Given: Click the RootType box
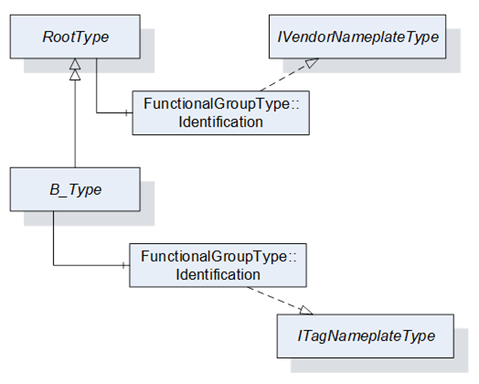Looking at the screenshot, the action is pyautogui.click(x=75, y=37).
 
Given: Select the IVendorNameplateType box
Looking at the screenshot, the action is pyautogui.click(x=357, y=37).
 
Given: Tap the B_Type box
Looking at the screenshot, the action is pyautogui.click(x=75, y=189).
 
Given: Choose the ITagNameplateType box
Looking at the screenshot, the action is pyautogui.click(x=366, y=336).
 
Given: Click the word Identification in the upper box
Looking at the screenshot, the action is pyautogui.click(x=220, y=122).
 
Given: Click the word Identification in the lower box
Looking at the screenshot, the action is pyautogui.click(x=218, y=274).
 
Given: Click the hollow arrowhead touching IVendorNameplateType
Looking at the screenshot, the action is pyautogui.click(x=312, y=62).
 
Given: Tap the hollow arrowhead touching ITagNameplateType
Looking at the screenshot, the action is pyautogui.click(x=306, y=310).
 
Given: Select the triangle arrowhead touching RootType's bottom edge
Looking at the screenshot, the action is pyautogui.click(x=75, y=64).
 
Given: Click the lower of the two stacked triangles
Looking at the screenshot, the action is pyautogui.click(x=75, y=75).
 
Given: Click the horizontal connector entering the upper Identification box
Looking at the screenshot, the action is pyautogui.click(x=114, y=113).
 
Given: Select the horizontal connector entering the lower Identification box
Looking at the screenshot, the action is pyautogui.click(x=91, y=265).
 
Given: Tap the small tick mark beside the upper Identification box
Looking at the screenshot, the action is pyautogui.click(x=126, y=113).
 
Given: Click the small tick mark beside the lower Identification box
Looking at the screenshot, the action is pyautogui.click(x=123, y=265).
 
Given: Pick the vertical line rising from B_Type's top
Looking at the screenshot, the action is pyautogui.click(x=75, y=123).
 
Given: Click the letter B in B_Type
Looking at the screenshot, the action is pyautogui.click(x=55, y=189).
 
